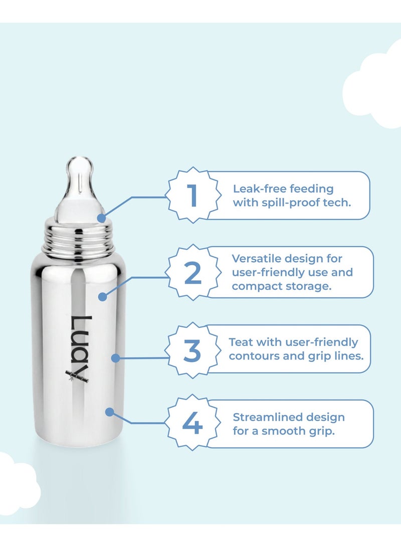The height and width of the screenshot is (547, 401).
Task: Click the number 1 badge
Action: (193, 196)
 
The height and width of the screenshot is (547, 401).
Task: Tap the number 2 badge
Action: (193, 272)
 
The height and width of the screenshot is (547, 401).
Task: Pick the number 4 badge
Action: (192, 424)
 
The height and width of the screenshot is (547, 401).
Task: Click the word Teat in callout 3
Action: (241, 342)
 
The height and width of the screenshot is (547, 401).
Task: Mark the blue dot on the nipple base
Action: (102, 218)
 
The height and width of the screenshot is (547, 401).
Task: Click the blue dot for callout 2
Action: (102, 296)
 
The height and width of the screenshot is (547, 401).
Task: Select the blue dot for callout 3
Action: (115, 358)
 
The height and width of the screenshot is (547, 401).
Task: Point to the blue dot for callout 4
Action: (109, 412)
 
